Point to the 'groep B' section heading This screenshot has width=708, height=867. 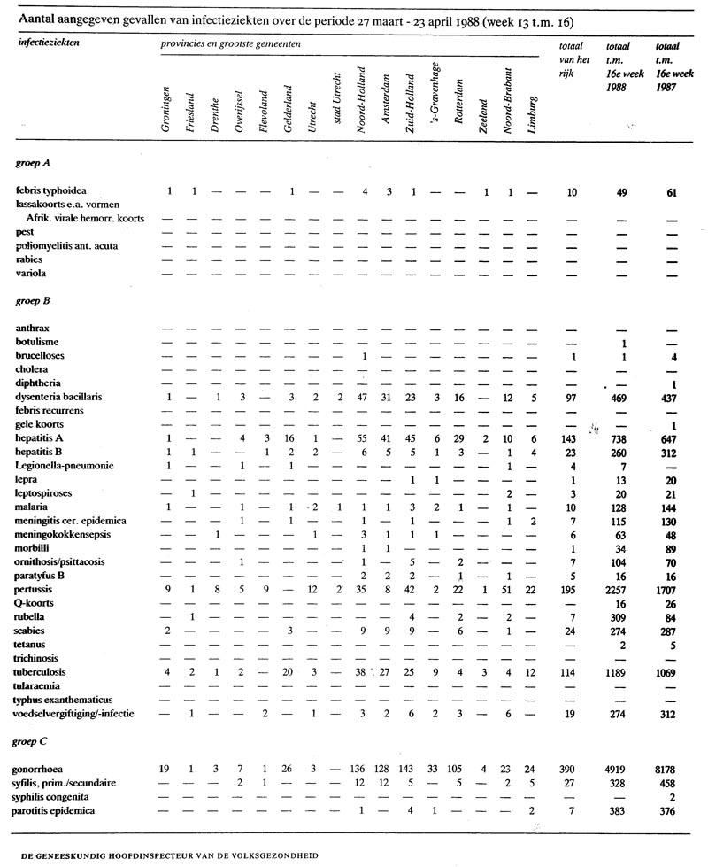click(x=35, y=302)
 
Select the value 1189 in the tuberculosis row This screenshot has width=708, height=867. click(x=619, y=671)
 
